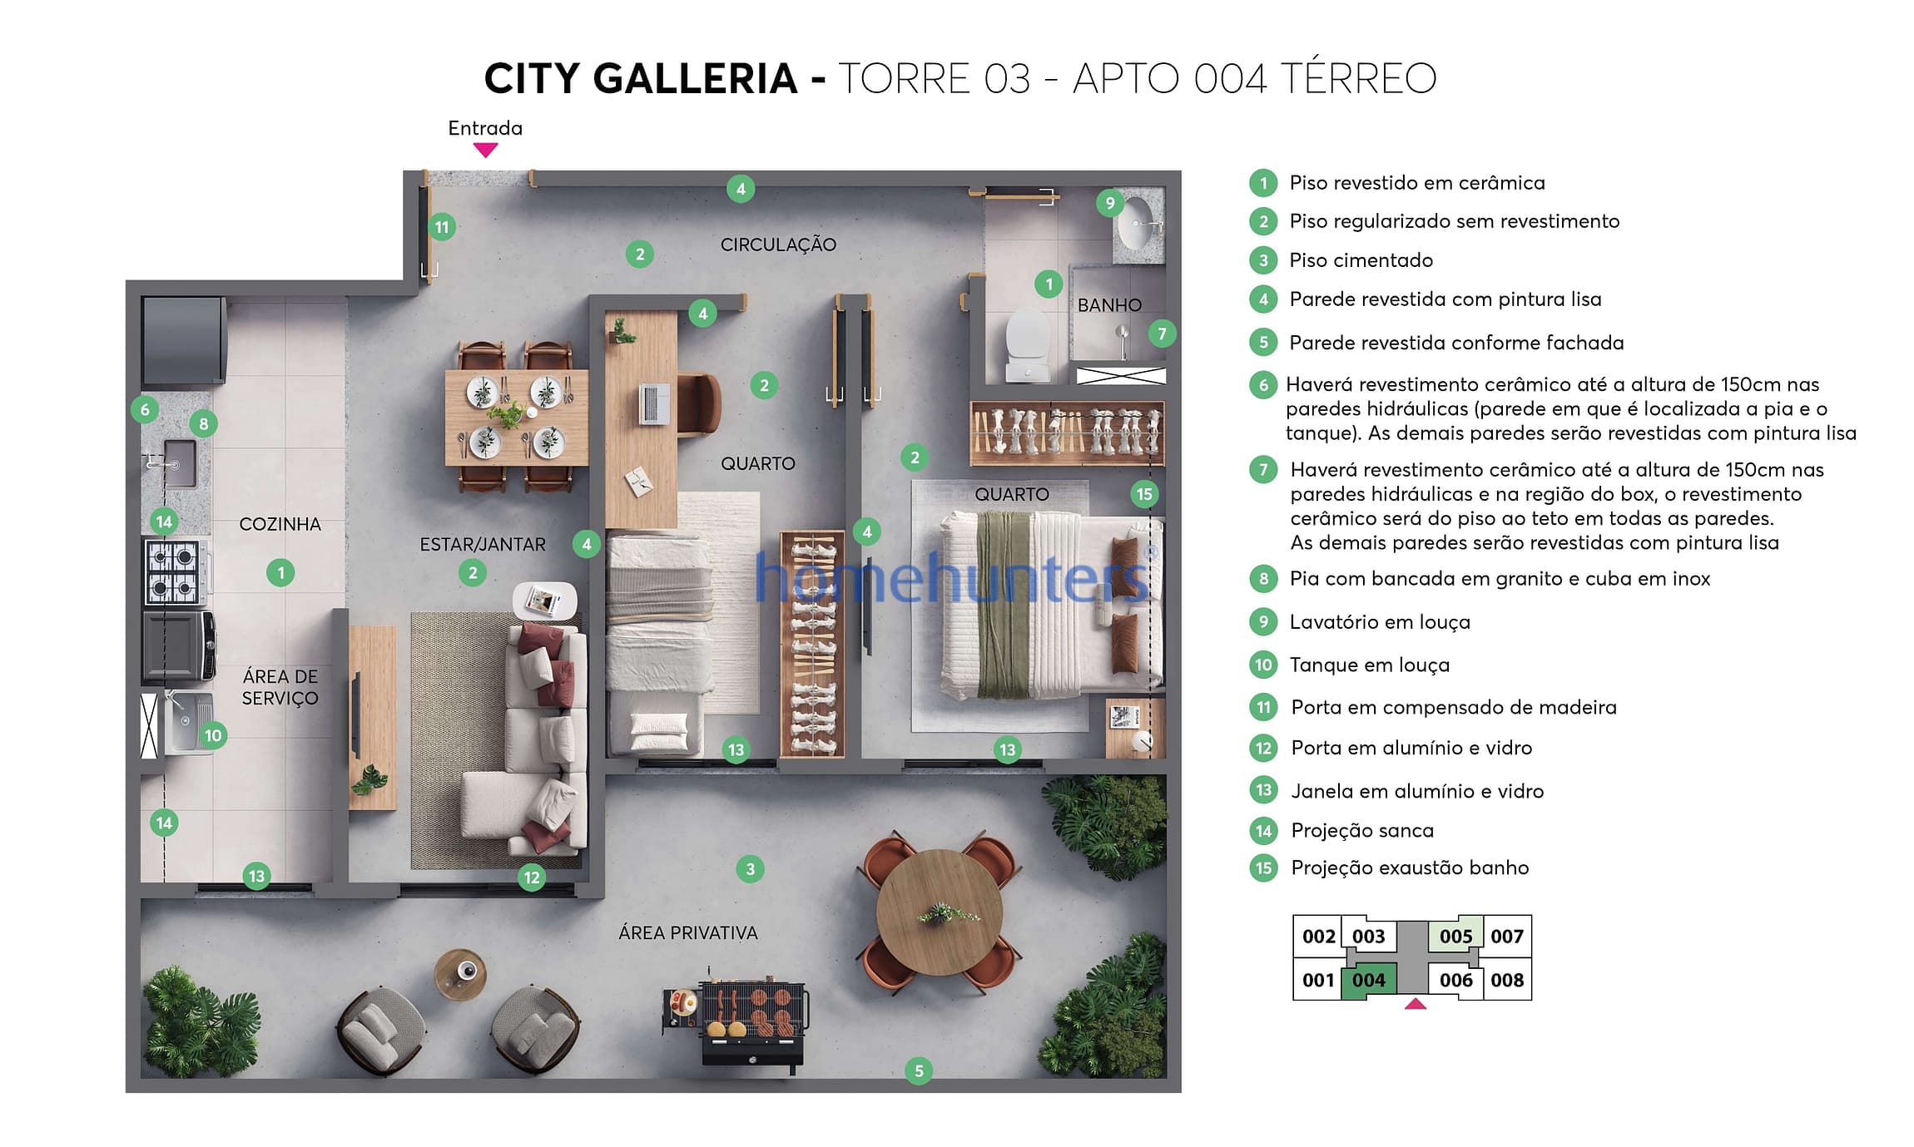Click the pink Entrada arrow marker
(x=485, y=150)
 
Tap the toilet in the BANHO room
(x=1027, y=346)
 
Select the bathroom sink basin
(x=1138, y=222)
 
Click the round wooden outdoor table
(x=939, y=912)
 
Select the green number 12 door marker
(x=532, y=877)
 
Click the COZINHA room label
(x=280, y=524)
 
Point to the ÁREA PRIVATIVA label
(x=688, y=933)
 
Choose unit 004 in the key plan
(x=1369, y=981)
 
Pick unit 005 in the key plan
(x=1455, y=937)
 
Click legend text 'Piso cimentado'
(x=1361, y=260)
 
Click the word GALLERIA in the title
(x=696, y=78)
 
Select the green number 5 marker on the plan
(x=919, y=1071)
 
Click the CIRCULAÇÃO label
(x=778, y=245)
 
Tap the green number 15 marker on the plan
(x=1144, y=494)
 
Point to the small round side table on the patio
(x=460, y=975)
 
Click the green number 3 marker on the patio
(x=750, y=869)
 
